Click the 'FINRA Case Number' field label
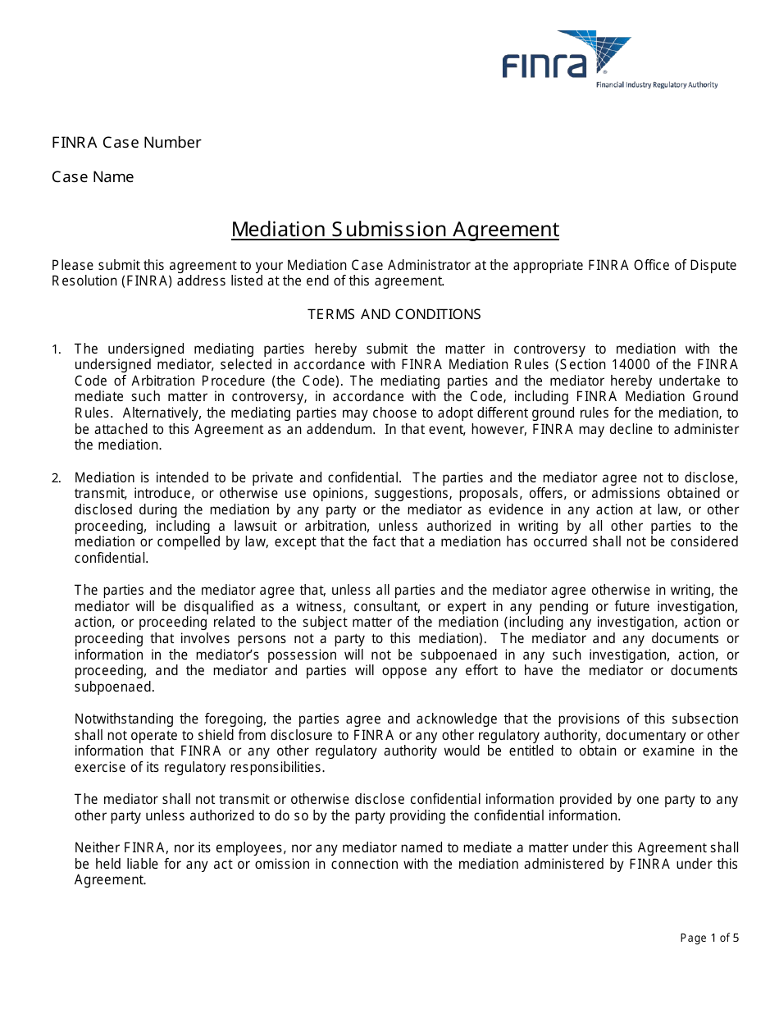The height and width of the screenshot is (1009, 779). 126,143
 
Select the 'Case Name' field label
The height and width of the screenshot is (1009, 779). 93,177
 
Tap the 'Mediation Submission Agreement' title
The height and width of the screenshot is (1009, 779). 394,229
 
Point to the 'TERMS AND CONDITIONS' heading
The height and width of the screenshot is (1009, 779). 394,314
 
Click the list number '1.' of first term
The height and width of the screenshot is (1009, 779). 57,349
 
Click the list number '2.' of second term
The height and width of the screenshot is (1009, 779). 57,477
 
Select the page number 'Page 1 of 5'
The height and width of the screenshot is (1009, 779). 709,938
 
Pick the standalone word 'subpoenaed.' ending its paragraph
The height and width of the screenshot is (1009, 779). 114,687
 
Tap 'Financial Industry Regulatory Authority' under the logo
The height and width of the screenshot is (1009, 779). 656,85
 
